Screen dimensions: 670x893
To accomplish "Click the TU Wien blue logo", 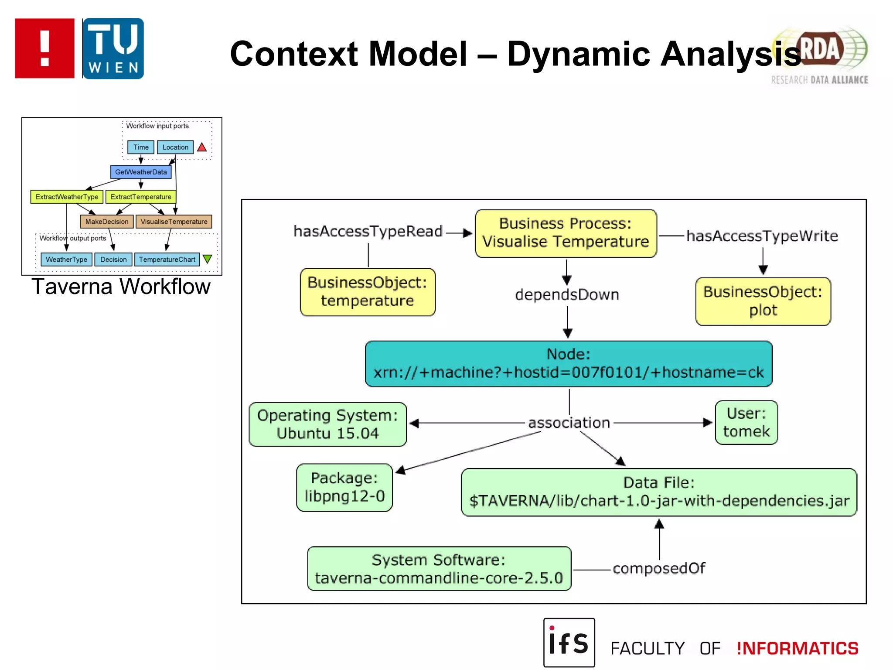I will pos(113,48).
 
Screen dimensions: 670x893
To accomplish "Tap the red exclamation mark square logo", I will pos(44,48).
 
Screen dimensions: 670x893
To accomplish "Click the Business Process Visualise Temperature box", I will pos(566,233).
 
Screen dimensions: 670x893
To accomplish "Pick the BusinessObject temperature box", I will pos(367,292).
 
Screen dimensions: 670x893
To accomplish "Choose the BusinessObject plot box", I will pos(763,301).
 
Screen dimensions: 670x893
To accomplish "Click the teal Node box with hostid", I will pos(568,363).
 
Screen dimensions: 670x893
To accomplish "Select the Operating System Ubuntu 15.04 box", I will pos(327,424).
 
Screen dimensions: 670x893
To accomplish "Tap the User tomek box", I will pos(746,422).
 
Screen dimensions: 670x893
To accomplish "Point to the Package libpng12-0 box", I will pos(344,487).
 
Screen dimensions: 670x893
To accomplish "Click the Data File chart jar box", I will pos(658,492).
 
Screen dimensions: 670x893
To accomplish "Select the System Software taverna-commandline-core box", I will pos(439,568).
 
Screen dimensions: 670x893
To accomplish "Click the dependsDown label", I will pos(567,294).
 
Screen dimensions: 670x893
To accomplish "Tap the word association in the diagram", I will pos(569,423).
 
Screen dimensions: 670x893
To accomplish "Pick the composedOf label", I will pos(658,568).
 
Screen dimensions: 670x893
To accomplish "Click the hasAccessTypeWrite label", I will pos(762,236).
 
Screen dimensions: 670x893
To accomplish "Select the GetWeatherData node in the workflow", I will pos(141,172).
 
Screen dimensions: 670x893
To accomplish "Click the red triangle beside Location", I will pos(202,147).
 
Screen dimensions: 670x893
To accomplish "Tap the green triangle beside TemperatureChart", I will pos(208,259).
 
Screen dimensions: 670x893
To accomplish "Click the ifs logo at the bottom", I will pos(569,643).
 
